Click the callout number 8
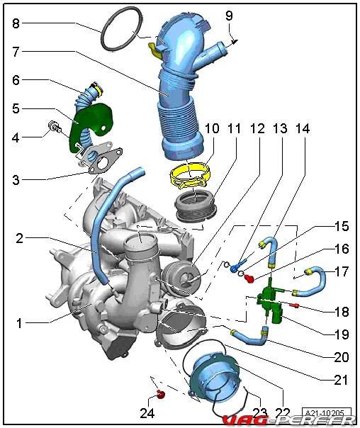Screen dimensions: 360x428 pos(16,23)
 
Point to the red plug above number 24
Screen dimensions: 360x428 pos(161,394)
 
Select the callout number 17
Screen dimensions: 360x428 pos(342,271)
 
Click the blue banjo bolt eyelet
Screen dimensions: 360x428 pos(235,268)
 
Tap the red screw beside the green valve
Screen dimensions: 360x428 pos(294,305)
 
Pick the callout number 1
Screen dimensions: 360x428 pos(19,323)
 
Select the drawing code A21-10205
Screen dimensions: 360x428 pos(327,413)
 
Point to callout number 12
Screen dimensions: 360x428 pos(257,128)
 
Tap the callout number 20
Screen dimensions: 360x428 pos(341,357)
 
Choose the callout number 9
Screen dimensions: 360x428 pos(230,16)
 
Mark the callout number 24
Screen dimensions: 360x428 pos(147,413)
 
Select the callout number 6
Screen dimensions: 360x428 pos(16,80)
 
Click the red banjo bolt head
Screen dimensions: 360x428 pos(249,278)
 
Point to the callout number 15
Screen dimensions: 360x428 pos(342,226)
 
